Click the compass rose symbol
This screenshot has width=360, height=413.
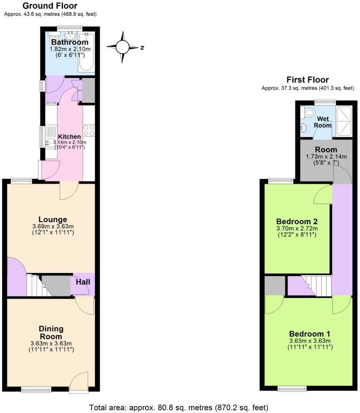(123, 47)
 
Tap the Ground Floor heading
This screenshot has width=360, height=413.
(50, 6)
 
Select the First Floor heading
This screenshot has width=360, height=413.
(308, 80)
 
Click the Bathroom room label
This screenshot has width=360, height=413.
(70, 42)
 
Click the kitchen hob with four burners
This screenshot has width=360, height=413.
(89, 130)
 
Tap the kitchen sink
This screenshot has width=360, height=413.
(51, 143)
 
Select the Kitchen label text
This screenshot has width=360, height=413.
(69, 137)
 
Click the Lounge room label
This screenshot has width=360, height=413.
(53, 219)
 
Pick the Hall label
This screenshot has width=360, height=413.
(83, 282)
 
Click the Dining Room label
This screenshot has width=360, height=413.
(51, 332)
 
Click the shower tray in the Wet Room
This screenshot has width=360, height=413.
(344, 121)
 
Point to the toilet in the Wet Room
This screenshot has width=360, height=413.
(309, 113)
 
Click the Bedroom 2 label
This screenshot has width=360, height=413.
(298, 221)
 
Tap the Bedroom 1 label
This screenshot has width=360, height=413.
(309, 334)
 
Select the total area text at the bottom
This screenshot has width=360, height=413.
(178, 408)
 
